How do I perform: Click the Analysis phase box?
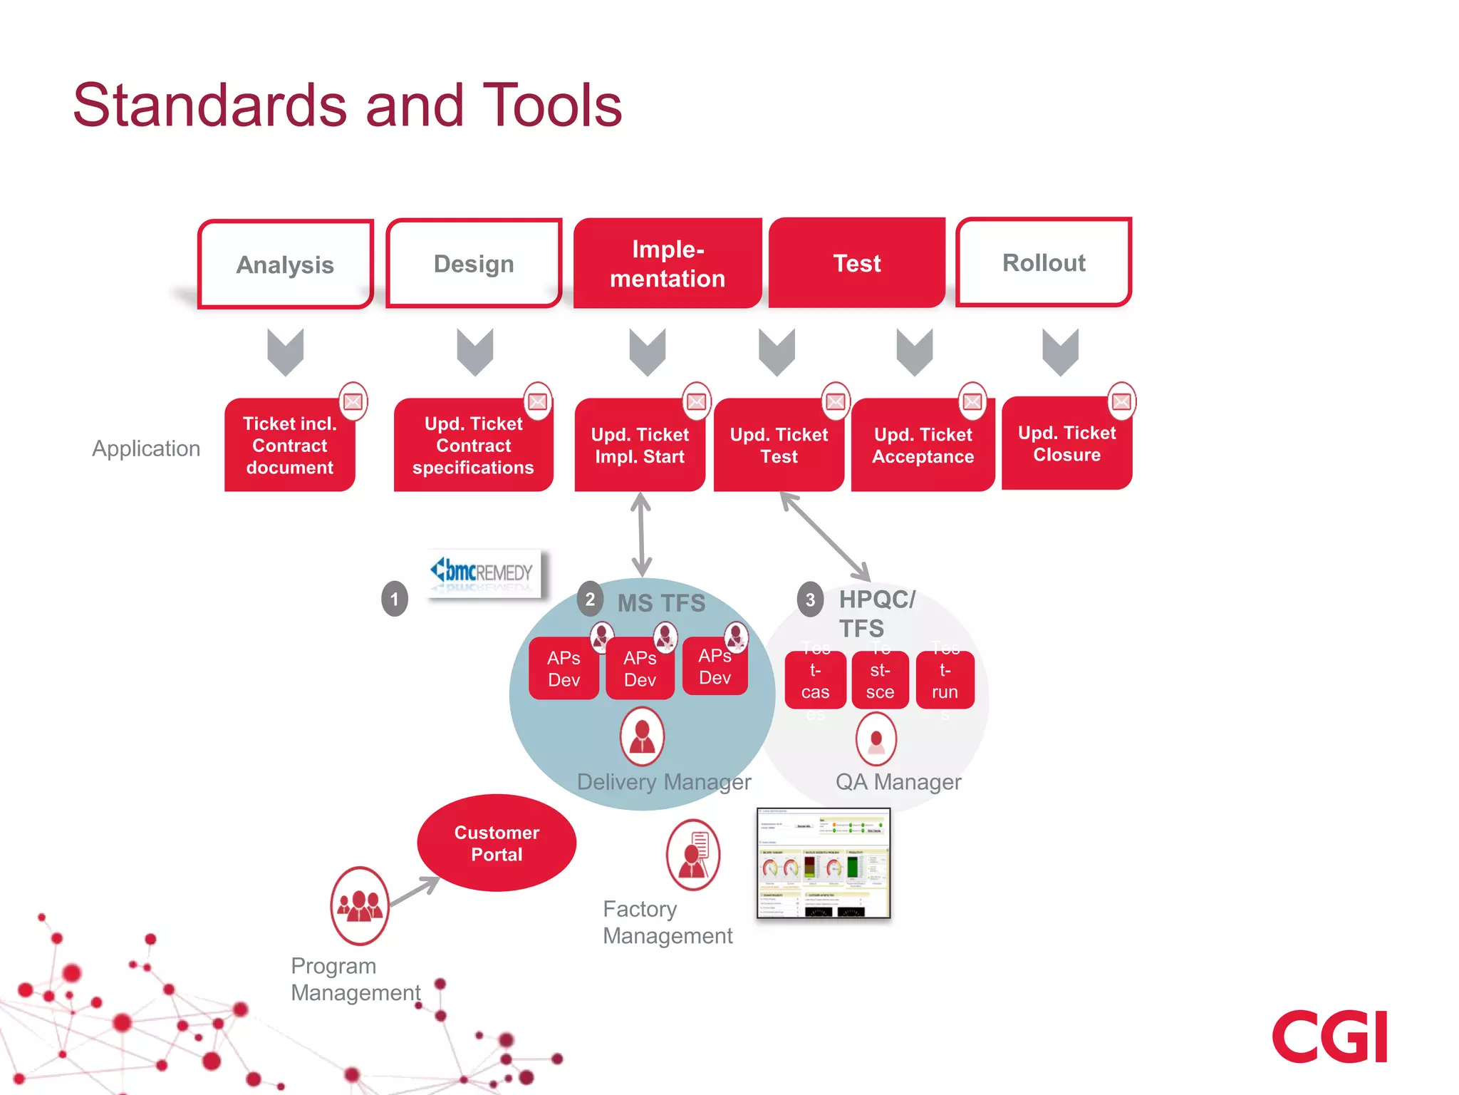click(285, 264)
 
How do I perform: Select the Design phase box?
click(474, 263)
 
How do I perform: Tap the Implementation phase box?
click(668, 263)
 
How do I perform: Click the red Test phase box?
click(857, 262)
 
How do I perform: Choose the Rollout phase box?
click(1044, 262)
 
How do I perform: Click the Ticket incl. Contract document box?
click(289, 446)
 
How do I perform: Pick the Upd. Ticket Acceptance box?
click(923, 446)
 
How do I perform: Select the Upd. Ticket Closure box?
click(1066, 443)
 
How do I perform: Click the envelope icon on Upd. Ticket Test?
click(836, 401)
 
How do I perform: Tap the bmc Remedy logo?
click(484, 573)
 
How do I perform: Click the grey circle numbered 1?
click(395, 599)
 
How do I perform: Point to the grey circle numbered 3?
click(810, 600)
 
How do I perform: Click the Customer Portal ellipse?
click(497, 843)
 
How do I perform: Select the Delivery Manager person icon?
click(642, 736)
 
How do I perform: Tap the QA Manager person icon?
click(876, 739)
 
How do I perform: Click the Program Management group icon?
click(360, 905)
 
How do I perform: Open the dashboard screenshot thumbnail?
click(823, 863)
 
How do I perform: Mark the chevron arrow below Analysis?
click(286, 351)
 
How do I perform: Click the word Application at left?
click(146, 448)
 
